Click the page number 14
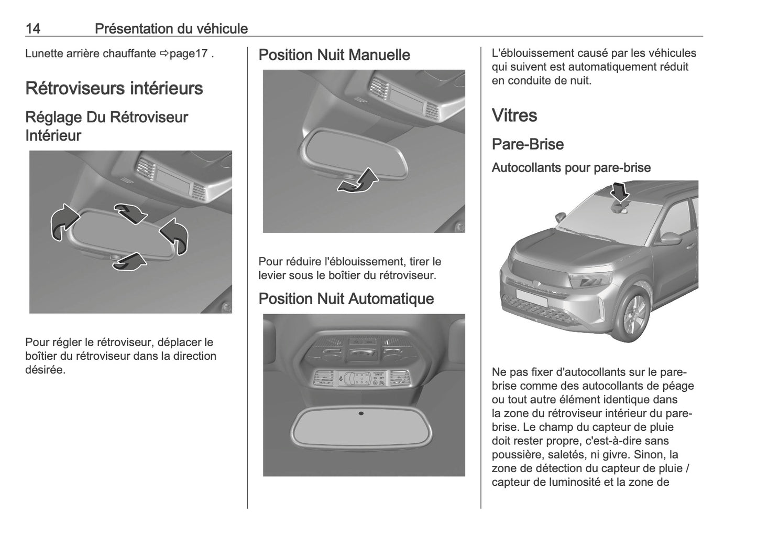coord(33,28)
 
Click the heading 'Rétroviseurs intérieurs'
coord(114,88)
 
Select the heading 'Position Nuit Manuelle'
coord(334,55)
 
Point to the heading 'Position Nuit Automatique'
coord(346,298)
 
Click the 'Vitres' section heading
coord(514,115)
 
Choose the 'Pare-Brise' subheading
coord(528,144)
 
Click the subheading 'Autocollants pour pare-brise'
coord(571,168)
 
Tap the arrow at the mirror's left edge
coord(63,222)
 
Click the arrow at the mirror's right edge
coord(175,236)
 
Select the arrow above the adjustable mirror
coord(130,212)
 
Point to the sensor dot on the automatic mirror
coord(361,413)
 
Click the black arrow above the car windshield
coord(621,191)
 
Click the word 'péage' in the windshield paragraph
coord(679,386)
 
